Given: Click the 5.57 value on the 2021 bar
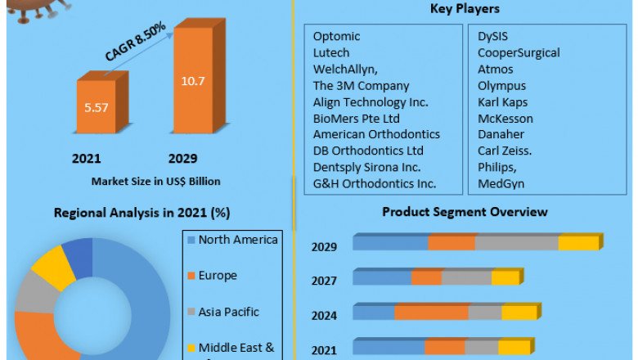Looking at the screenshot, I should [x=96, y=106].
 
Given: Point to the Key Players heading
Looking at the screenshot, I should [x=465, y=9].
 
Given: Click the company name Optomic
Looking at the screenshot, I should [x=336, y=36].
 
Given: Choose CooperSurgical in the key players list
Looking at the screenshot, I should [x=519, y=52].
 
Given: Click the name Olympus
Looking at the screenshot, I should [x=501, y=85].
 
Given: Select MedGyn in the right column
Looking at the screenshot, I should [x=501, y=183].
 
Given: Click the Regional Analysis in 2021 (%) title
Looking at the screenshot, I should [x=142, y=213].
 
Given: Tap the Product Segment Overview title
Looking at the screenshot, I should [x=465, y=212].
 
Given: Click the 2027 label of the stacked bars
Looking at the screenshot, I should [x=324, y=281].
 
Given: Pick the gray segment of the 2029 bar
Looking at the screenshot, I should [x=516, y=243].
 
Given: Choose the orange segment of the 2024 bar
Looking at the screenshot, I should [x=431, y=313].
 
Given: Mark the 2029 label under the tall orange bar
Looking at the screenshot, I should [x=182, y=158].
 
